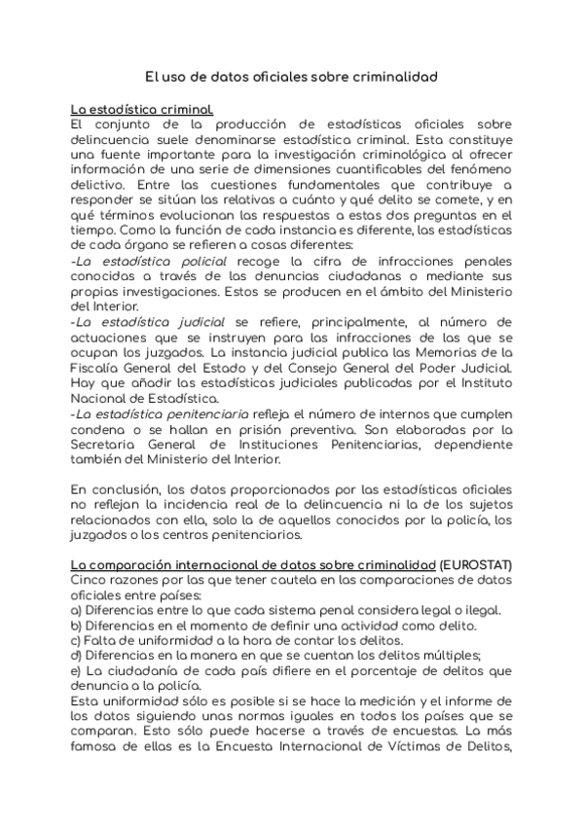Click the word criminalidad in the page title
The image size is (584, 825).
(390, 75)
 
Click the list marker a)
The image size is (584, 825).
(77, 611)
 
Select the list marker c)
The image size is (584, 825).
(77, 641)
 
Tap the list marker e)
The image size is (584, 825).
(77, 671)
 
